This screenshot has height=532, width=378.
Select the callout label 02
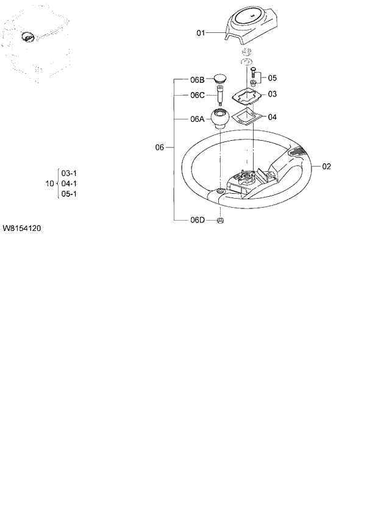326,166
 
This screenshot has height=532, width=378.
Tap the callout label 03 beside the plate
272,94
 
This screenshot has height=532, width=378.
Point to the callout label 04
272,117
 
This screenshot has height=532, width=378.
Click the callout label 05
272,78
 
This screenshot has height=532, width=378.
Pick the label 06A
197,119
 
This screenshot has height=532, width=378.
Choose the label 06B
197,80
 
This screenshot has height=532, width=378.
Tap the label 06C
197,95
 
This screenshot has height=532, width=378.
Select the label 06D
197,220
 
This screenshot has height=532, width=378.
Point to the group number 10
49,183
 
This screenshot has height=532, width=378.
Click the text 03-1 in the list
69,172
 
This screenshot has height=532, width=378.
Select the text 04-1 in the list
69,183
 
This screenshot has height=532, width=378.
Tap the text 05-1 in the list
69,194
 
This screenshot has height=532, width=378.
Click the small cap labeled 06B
220,79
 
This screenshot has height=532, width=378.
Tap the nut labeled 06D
221,220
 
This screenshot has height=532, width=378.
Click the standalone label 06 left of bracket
160,147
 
